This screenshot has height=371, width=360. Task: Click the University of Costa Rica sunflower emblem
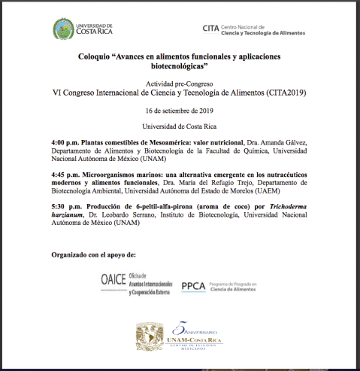pos(63,29)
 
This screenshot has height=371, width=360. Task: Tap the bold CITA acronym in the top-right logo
pos(211,29)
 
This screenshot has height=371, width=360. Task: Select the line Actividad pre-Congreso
pos(180,82)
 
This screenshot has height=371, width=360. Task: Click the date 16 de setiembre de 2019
pos(180,110)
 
